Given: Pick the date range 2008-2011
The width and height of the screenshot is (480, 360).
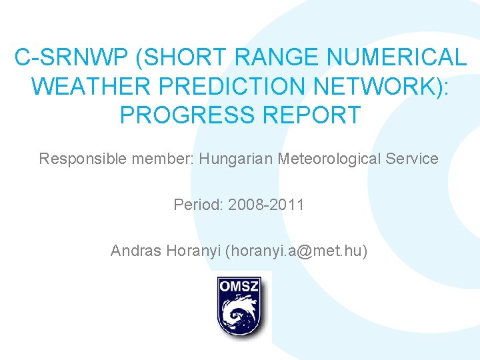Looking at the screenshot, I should coord(266,205).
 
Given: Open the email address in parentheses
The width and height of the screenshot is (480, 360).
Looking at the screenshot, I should coord(297,251).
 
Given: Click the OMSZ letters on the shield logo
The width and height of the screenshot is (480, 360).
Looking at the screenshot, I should coord(239,286).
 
